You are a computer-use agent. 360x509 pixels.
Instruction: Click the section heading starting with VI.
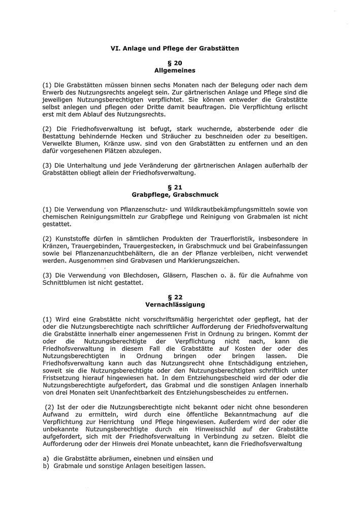tap(175, 48)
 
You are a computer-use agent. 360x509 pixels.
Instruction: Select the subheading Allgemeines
tap(175, 71)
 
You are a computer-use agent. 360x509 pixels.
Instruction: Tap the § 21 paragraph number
tap(175, 186)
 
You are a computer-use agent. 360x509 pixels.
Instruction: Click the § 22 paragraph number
tap(175, 297)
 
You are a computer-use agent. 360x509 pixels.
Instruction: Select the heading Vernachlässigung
tap(175, 304)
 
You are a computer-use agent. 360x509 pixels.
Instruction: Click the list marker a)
tap(46, 458)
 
